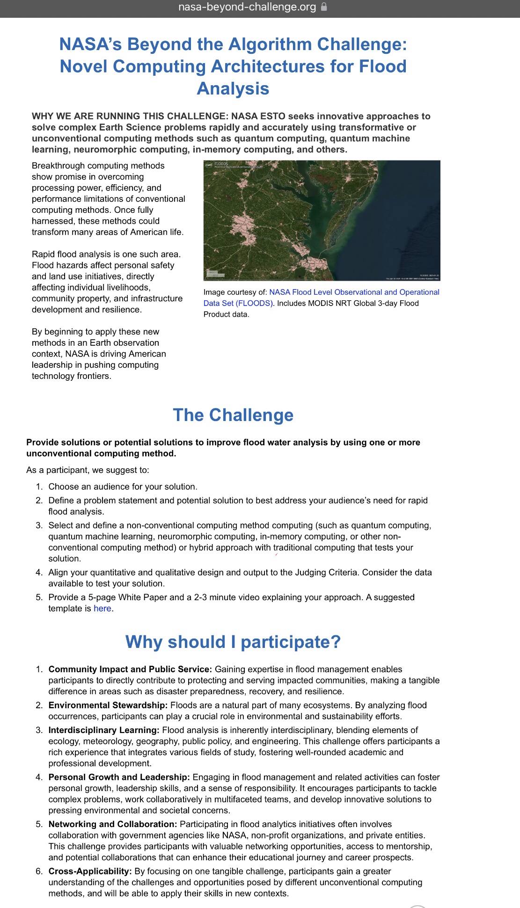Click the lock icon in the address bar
[x=324, y=7]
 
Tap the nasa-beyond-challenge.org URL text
[x=247, y=7]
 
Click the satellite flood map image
[x=322, y=220]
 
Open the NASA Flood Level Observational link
[x=354, y=292]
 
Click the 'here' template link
[x=102, y=609]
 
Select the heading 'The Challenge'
[x=233, y=415]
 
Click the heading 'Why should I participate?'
[x=233, y=642]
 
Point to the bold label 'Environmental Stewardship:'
[x=108, y=705]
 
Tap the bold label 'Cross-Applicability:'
[x=90, y=872]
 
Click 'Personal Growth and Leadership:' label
[x=119, y=777]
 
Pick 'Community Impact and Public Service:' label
[x=130, y=669]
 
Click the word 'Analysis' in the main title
[x=233, y=88]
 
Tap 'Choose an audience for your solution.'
[x=123, y=487]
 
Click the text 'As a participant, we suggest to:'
[x=88, y=470]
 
